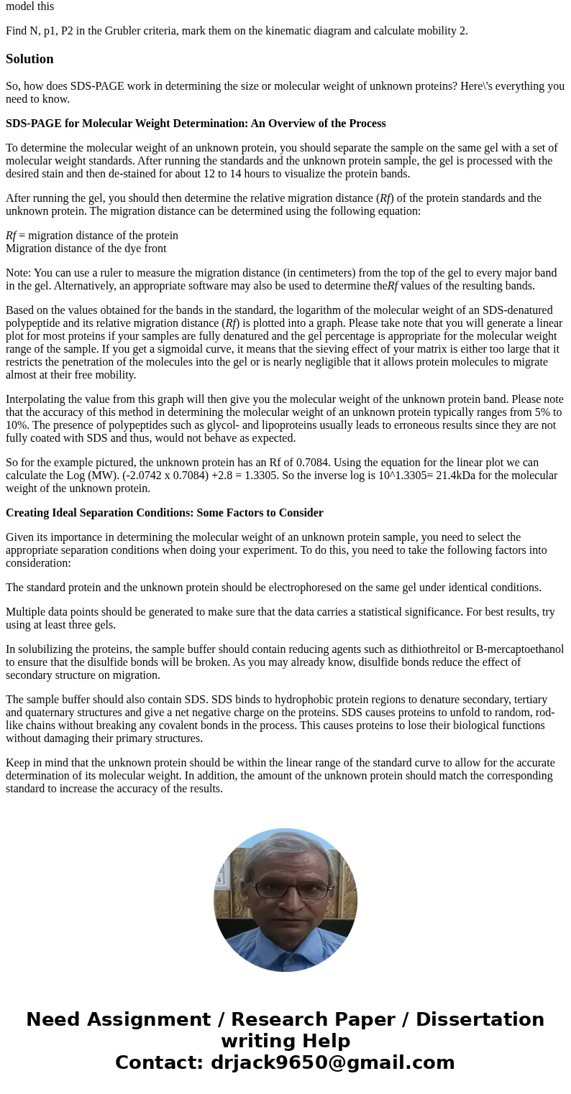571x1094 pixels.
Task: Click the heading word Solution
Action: pos(29,59)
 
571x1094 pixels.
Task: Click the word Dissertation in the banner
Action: pos(480,1019)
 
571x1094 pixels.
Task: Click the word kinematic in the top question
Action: pos(340,31)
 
